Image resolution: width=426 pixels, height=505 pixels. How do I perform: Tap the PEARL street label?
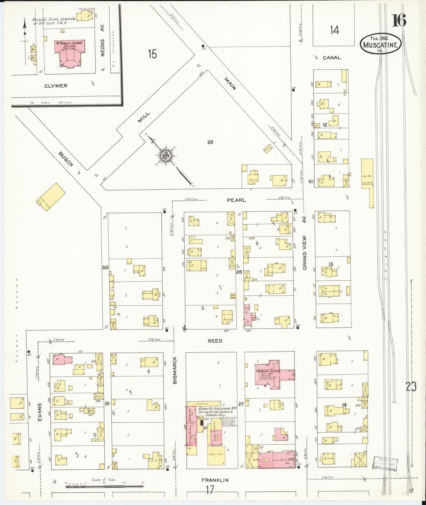pos(236,200)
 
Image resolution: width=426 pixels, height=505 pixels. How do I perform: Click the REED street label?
pos(215,341)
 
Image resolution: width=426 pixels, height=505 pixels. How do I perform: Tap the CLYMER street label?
pos(56,86)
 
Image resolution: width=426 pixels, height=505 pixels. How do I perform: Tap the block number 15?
pos(152,54)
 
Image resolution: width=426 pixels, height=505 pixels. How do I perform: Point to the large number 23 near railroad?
pos(411,387)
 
